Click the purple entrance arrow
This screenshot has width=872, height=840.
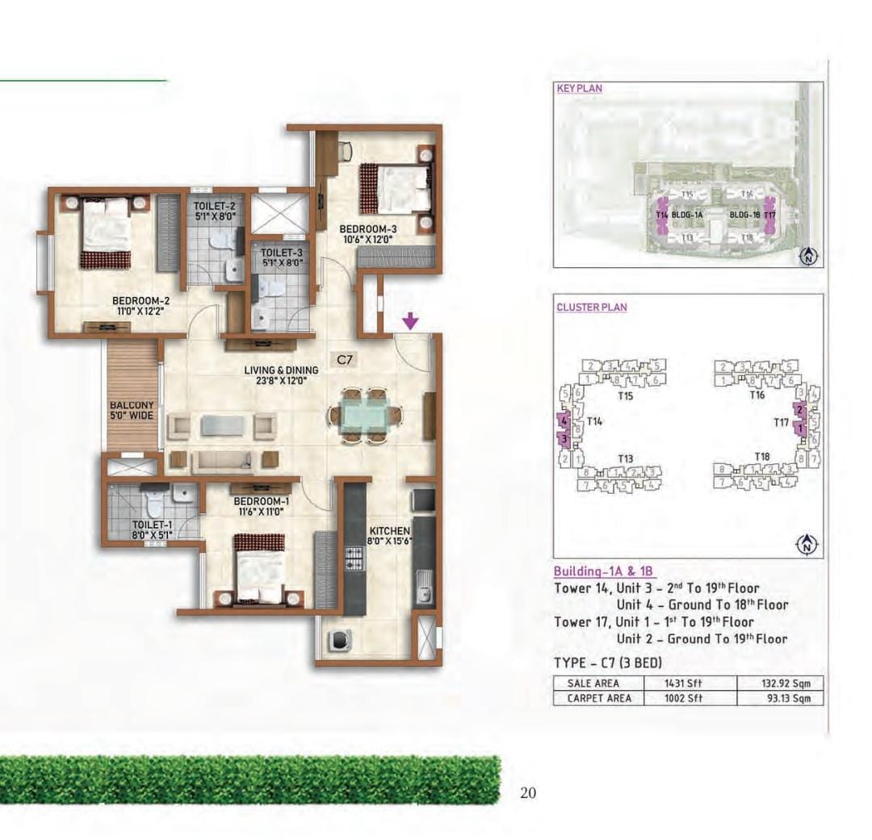[411, 322]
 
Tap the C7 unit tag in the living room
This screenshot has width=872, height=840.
[345, 360]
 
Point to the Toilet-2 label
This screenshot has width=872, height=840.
[214, 207]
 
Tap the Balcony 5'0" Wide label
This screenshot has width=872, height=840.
[132, 412]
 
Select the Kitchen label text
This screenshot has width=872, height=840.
[389, 530]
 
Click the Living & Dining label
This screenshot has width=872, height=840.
[282, 370]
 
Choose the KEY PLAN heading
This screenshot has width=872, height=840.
[580, 88]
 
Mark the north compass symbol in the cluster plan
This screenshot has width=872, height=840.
[807, 545]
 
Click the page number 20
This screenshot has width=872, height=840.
[528, 793]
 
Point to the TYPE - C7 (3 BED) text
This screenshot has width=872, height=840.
[607, 662]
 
